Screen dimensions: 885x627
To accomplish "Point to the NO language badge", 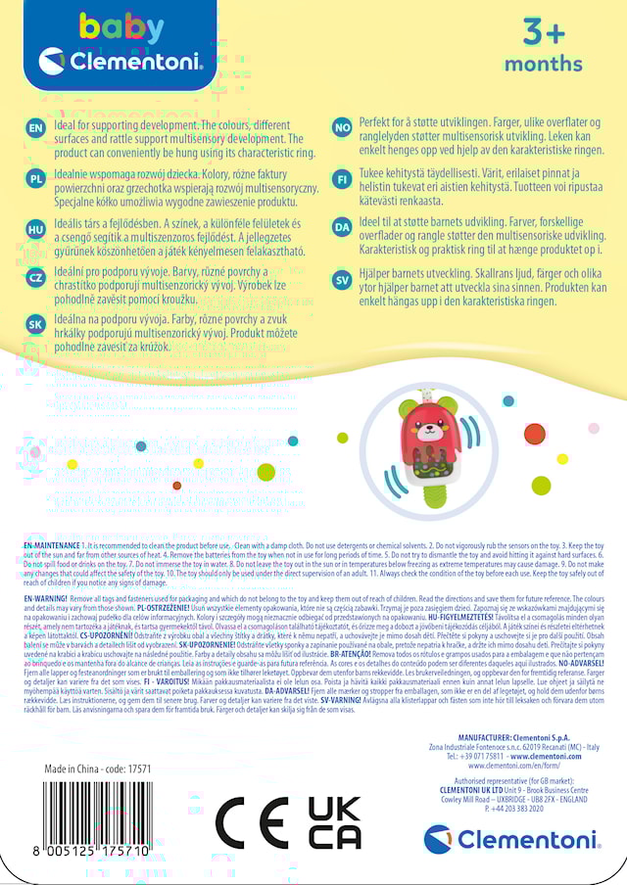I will coord(342,129).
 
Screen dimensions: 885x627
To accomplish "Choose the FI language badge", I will coord(342,180).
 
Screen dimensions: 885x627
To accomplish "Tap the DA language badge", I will coord(342,227).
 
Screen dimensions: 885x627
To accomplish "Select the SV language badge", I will coord(342,278).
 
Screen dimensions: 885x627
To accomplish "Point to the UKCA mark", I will coord(334,822).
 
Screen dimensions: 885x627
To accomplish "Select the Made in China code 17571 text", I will coord(96,769).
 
